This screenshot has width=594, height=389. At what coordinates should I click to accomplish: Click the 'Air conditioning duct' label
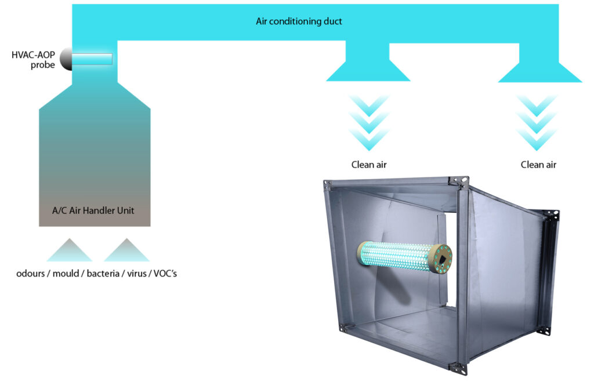point(299,21)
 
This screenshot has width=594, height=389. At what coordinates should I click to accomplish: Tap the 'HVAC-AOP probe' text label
point(33,60)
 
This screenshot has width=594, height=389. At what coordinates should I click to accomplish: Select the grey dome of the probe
point(66,59)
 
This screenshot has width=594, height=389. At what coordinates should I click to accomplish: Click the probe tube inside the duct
point(93,59)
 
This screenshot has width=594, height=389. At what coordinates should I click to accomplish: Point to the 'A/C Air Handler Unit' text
point(95,210)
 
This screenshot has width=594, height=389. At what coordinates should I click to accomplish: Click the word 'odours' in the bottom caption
point(31,272)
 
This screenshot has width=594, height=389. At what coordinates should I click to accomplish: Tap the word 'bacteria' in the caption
point(103,272)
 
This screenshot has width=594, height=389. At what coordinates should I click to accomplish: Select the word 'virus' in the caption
point(136,272)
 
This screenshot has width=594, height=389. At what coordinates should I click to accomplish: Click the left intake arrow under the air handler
point(69,250)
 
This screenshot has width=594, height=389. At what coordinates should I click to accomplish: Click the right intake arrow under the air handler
point(126,250)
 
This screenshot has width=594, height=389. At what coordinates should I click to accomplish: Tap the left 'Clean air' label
point(369,165)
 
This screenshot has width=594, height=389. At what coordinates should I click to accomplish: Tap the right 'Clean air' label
point(538,165)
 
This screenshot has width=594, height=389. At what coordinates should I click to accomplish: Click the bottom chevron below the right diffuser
point(539,140)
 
